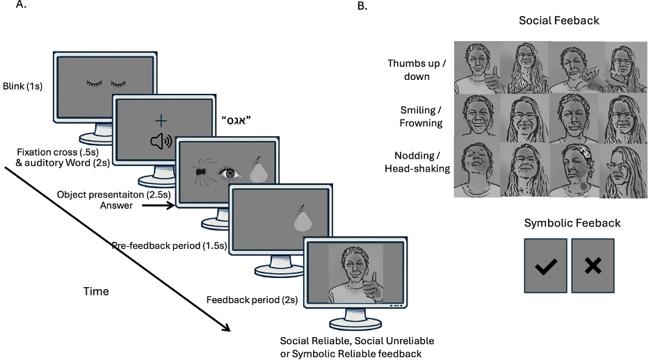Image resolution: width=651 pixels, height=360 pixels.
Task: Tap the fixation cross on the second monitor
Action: [161, 122]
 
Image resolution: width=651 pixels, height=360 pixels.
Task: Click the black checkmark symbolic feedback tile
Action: [545, 265]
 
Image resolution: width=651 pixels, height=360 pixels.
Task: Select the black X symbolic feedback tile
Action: [593, 265]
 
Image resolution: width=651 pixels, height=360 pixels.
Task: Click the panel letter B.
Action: [362, 6]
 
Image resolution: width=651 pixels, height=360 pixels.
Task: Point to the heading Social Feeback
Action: [558, 21]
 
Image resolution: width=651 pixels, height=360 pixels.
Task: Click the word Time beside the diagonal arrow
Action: [97, 291]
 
